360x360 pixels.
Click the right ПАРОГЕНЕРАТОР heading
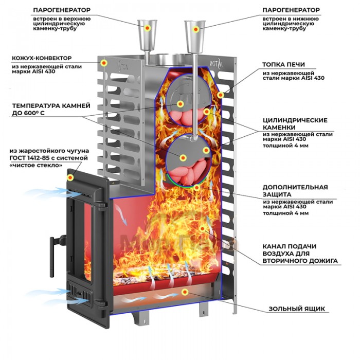pyautogui.click(x=291, y=10)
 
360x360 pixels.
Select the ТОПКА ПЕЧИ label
pyautogui.click(x=283, y=65)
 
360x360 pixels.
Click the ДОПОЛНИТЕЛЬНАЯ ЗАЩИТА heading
pyautogui.click(x=295, y=191)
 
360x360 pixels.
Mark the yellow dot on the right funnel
pyautogui.click(x=195, y=30)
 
